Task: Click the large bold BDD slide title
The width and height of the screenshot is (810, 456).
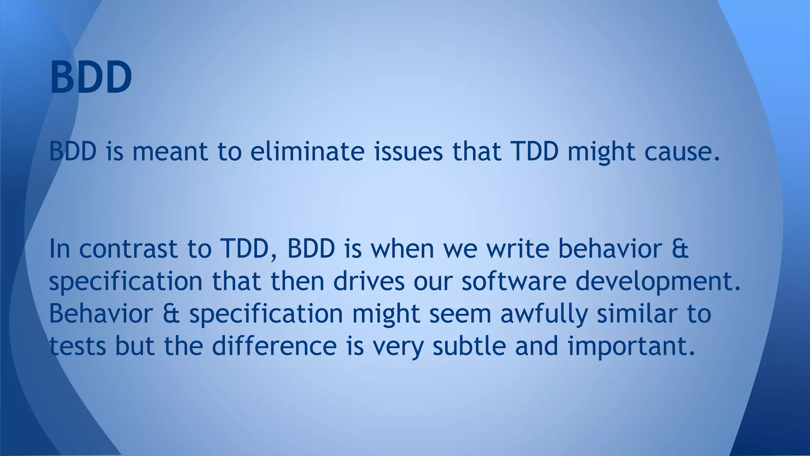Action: (x=91, y=77)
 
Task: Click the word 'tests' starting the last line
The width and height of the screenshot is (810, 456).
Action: (x=78, y=346)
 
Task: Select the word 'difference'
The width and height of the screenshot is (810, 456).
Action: (x=274, y=346)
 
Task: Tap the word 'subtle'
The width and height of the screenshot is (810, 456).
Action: (x=469, y=346)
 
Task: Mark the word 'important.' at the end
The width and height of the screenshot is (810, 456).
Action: (x=632, y=347)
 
